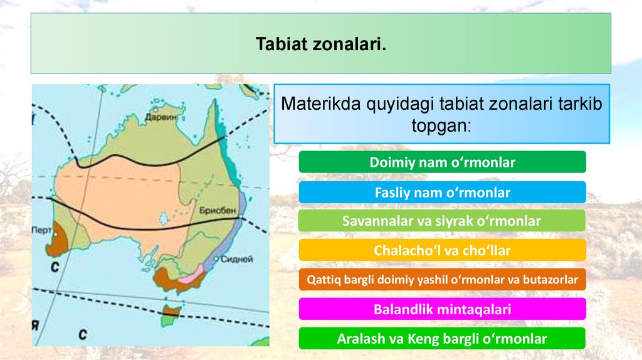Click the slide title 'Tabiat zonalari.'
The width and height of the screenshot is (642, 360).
(321, 44)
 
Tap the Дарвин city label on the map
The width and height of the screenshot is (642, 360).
(160, 117)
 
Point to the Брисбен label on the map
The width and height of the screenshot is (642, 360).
(218, 211)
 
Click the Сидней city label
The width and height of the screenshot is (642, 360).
(236, 259)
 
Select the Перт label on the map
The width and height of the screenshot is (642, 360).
(41, 230)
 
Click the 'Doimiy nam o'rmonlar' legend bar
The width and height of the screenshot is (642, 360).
(442, 162)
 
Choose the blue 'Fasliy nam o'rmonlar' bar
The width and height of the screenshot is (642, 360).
(442, 192)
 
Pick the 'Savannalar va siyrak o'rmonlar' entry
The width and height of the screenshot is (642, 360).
(442, 221)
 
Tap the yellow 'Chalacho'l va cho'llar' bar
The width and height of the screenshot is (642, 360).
(442, 250)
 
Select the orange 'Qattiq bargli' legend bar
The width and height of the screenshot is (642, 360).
(442, 279)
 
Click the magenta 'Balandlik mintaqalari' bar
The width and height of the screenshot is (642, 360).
(442, 309)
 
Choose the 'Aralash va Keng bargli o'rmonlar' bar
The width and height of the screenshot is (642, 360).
(442, 338)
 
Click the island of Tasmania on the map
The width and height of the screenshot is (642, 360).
(171, 315)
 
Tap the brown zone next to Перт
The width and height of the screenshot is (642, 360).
(57, 240)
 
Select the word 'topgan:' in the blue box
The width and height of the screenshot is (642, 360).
(441, 125)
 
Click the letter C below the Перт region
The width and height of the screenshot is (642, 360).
(55, 267)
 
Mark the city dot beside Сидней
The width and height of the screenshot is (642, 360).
(216, 259)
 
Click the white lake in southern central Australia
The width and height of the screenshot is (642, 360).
(164, 218)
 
